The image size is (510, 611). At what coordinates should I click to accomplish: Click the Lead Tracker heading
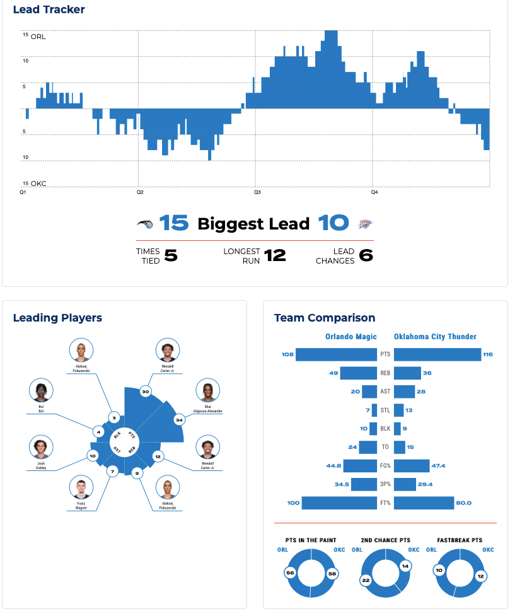click(49, 9)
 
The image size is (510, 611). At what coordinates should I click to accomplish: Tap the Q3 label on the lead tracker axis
click(257, 192)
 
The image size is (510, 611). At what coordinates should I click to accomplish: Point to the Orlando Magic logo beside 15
click(144, 223)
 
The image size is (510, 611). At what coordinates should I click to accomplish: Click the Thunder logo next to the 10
click(366, 224)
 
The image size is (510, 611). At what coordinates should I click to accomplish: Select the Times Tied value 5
click(171, 255)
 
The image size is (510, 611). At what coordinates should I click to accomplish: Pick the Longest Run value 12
click(275, 255)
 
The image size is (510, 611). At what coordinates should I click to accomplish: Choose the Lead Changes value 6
click(366, 255)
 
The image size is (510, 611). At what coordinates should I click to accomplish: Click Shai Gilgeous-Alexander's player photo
click(208, 392)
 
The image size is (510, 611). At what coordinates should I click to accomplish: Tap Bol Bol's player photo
click(41, 392)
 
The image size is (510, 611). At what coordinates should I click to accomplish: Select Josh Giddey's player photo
click(41, 447)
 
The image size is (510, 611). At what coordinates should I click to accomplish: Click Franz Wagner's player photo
click(81, 487)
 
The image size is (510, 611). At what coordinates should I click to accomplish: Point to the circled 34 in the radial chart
click(179, 420)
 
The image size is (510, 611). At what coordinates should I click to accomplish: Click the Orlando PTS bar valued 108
click(337, 354)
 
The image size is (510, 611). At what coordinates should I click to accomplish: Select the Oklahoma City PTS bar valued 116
click(438, 354)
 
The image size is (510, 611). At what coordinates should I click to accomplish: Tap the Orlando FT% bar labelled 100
click(340, 503)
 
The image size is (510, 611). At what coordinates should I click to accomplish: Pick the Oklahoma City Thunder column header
click(435, 337)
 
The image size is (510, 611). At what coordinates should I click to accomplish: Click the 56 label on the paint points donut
click(290, 573)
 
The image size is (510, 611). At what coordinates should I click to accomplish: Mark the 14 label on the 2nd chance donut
click(405, 566)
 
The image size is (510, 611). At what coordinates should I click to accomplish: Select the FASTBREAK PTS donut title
click(460, 540)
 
